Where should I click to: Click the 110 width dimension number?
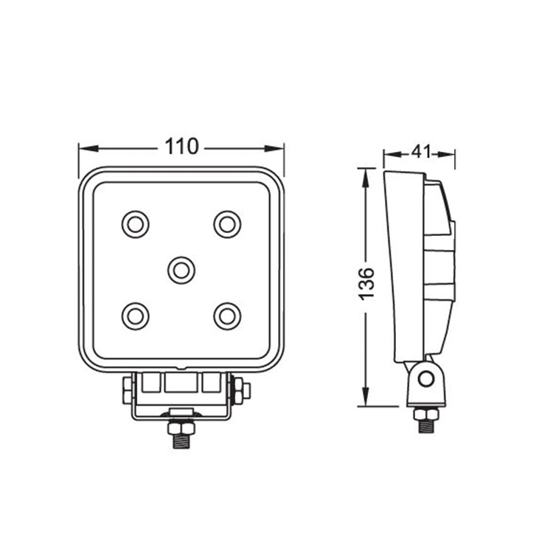click(x=181, y=147)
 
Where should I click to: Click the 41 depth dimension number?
click(x=420, y=152)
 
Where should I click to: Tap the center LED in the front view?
click(x=181, y=270)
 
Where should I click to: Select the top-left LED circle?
click(x=136, y=223)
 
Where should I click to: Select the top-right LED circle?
click(x=227, y=223)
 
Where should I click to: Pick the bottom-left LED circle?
click(x=136, y=316)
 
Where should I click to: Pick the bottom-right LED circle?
click(x=227, y=316)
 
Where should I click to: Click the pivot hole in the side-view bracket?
click(x=424, y=380)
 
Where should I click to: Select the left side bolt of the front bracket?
click(x=127, y=389)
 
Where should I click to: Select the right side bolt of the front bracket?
click(x=241, y=389)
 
